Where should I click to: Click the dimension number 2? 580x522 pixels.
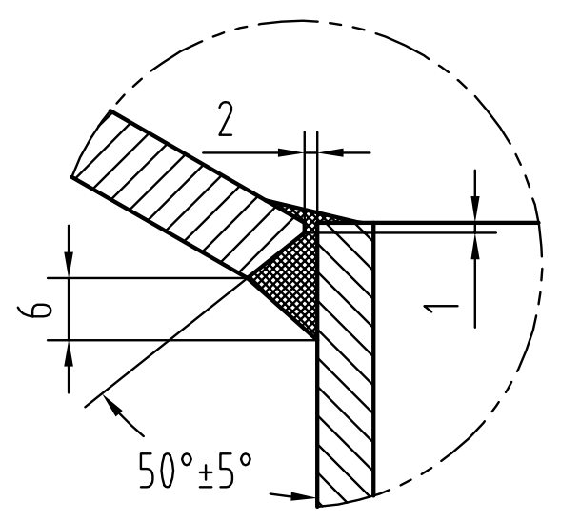pos(226,119)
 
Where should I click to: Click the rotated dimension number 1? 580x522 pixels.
pos(441,309)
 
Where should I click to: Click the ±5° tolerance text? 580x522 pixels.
pos(226,470)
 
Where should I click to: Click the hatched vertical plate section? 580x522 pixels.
pos(345,363)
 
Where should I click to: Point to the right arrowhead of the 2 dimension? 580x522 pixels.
pos(330,152)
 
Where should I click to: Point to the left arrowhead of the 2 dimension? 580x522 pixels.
pos(291,152)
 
